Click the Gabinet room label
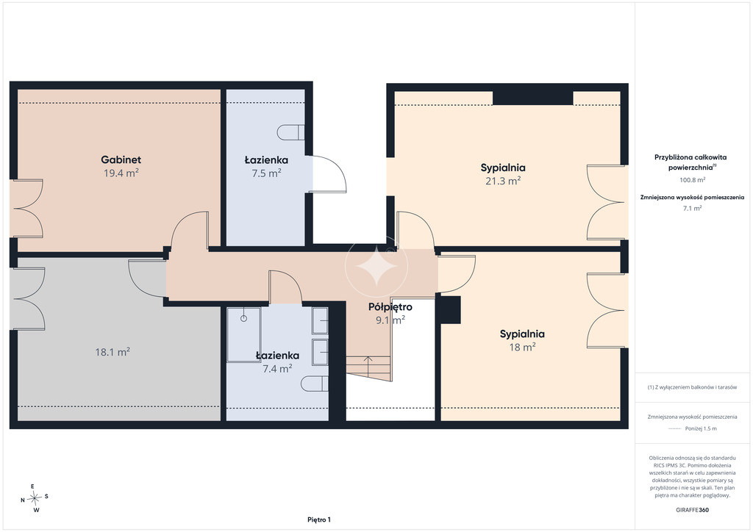pos(121,159)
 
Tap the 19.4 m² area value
pos(121,173)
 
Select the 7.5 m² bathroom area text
pos(266,173)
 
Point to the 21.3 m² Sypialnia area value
pos(503,180)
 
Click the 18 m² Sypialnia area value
pos(522,346)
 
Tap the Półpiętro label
pos(390,306)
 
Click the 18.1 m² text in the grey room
pos(113,352)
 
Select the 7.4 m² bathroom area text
pos(277,368)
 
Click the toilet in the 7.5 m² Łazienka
pos(291,132)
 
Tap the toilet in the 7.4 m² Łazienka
pos(315,384)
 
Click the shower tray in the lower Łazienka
pos(244,335)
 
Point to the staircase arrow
pos(368,367)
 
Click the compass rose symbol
pos(35,498)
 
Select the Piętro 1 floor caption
pos(319,520)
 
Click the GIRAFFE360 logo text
pos(692,510)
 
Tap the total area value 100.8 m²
pos(692,180)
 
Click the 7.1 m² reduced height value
pos(692,208)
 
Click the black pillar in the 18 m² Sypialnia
pos(451,310)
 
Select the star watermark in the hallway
pos(376,266)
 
